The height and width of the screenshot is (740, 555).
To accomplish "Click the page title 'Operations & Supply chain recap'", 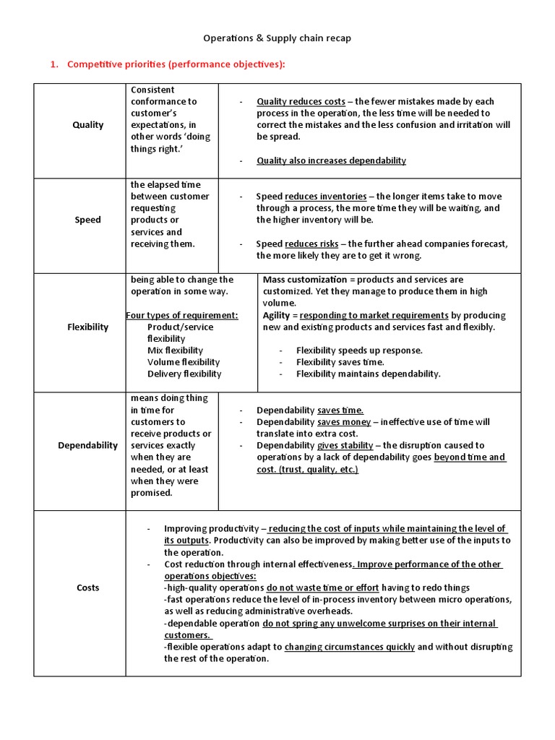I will (277, 38).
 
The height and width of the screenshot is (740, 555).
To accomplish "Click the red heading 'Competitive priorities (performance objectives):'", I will (176, 64).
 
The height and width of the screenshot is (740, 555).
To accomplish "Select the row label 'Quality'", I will (88, 125).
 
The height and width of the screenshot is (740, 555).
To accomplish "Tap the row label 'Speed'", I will (88, 220).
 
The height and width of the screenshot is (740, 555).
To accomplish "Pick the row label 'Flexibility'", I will (88, 327).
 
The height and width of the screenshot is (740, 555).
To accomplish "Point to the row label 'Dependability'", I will (88, 445).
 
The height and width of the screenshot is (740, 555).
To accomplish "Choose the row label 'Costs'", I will (88, 588).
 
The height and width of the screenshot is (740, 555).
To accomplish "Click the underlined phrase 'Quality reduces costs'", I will (301, 102).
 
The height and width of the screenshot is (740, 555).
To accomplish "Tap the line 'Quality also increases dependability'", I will (331, 160).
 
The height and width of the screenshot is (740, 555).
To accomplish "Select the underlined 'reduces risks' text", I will (312, 244).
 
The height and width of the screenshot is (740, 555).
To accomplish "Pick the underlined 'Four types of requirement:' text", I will (182, 315).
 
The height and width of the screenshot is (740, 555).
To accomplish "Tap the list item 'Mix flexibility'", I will (175, 350).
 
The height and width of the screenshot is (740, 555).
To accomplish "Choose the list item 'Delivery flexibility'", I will (184, 374).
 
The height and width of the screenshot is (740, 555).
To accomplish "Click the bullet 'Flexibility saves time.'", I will (340, 362).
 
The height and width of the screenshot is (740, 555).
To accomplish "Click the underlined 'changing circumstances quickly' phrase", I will (350, 647).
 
